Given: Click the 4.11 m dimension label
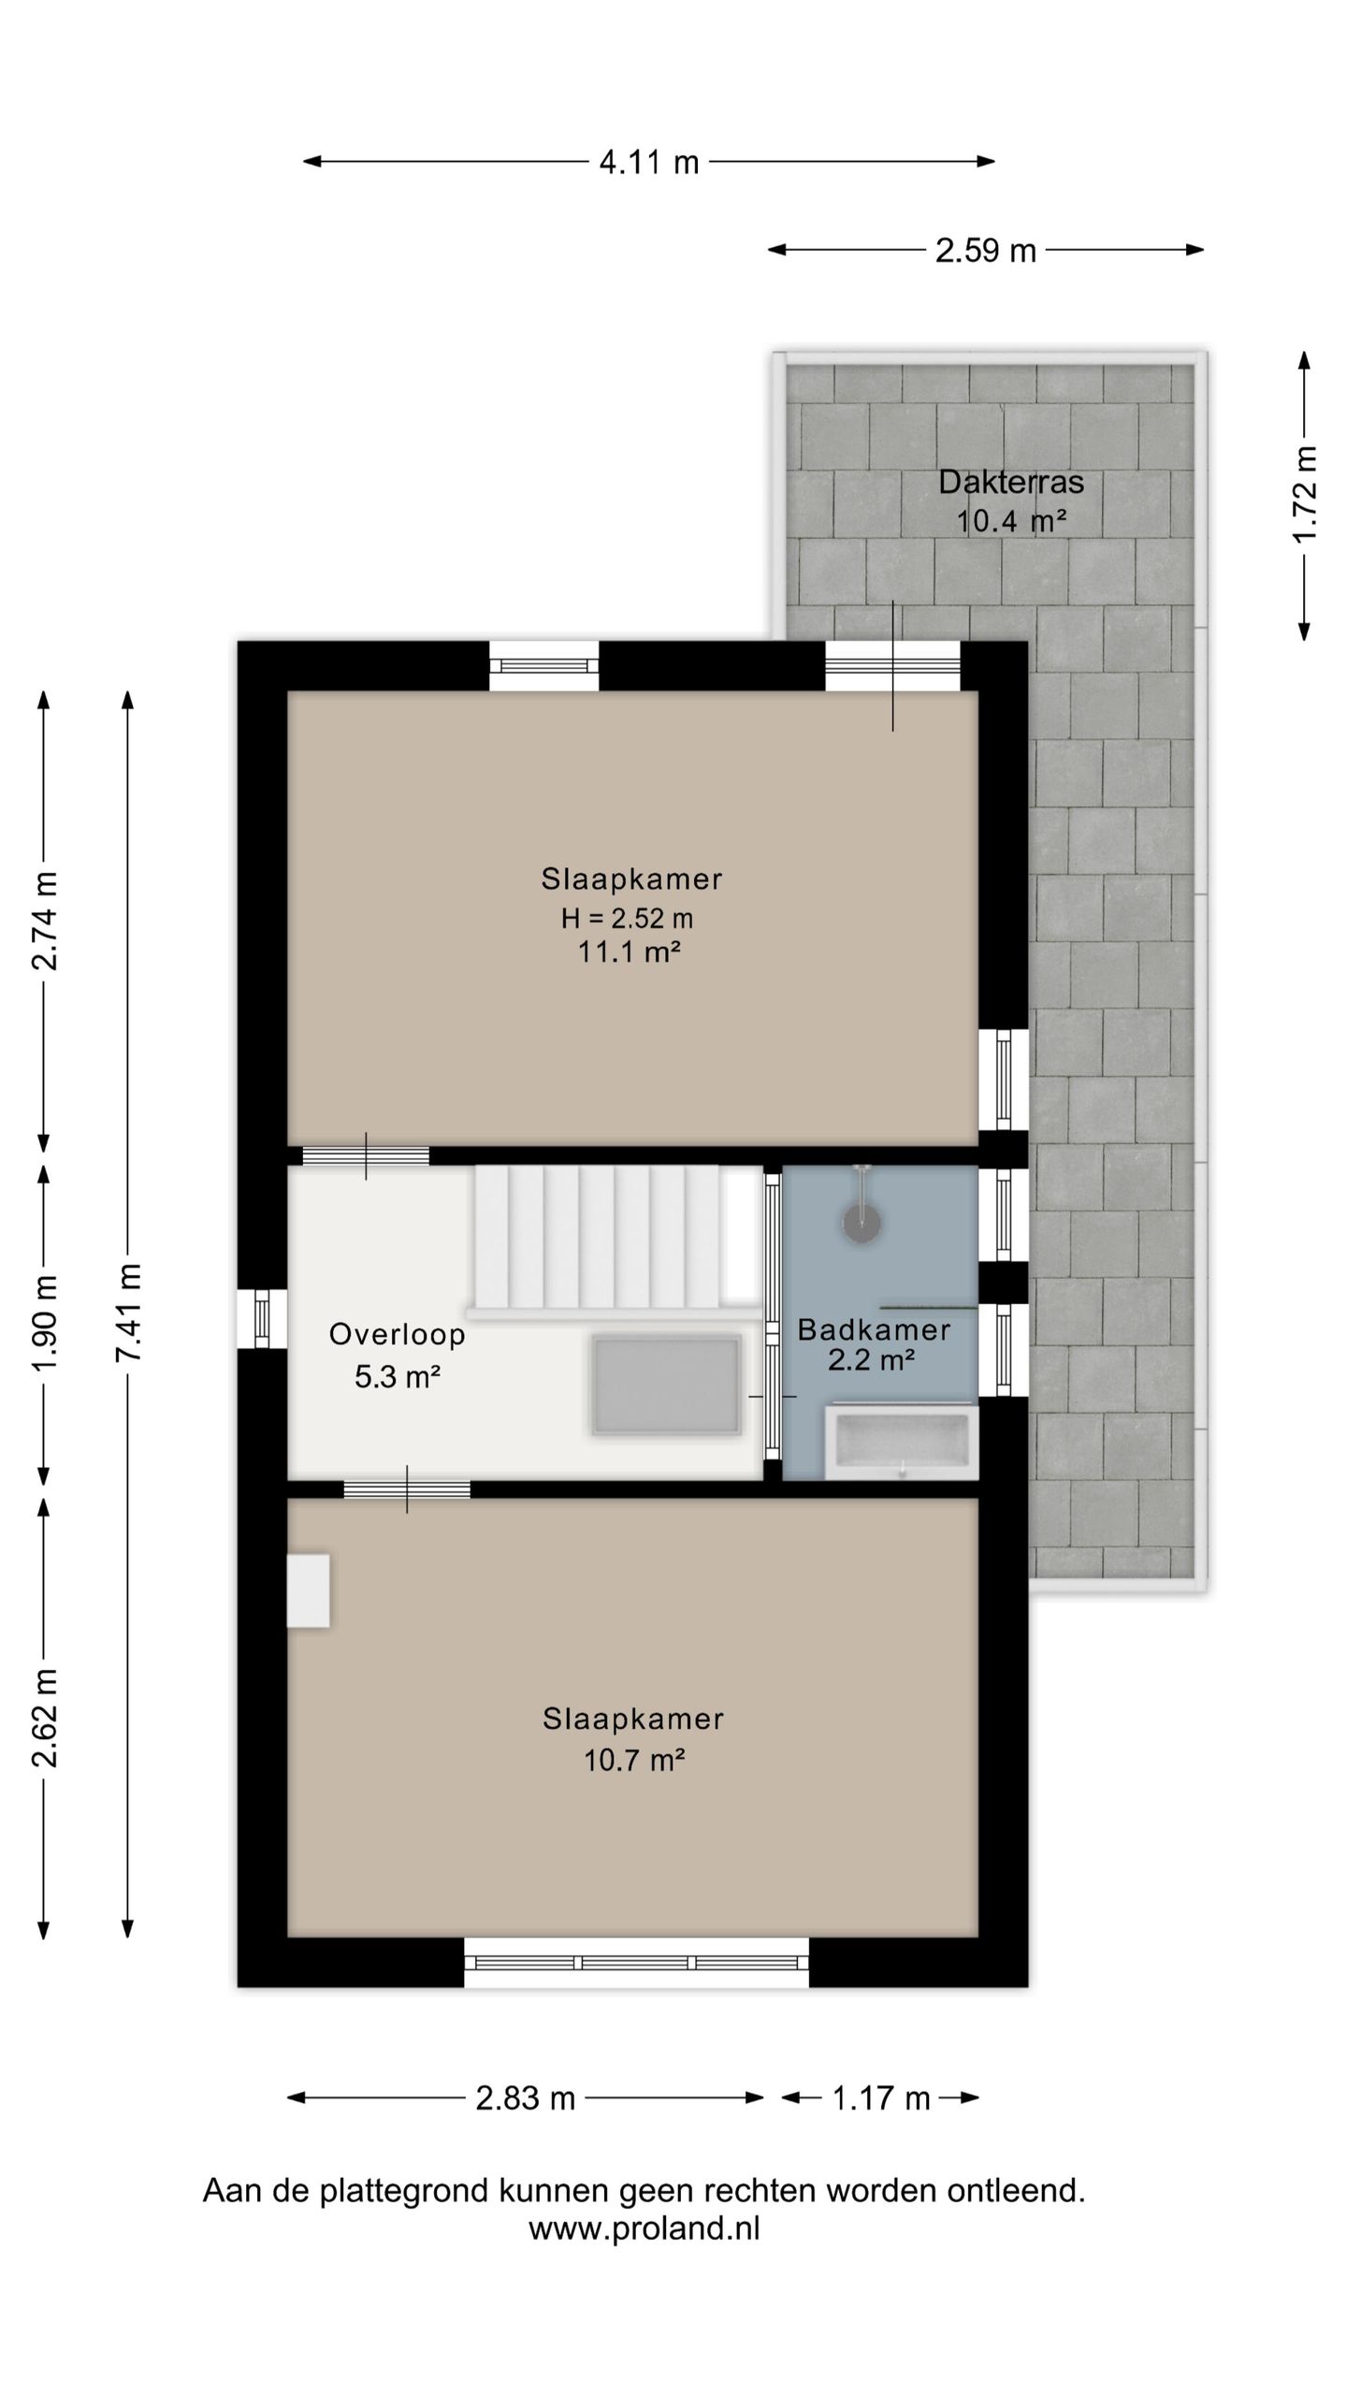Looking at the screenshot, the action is coord(649,163).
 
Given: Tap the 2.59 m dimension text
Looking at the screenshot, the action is coord(986,251).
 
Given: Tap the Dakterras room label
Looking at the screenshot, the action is coord(1011,483).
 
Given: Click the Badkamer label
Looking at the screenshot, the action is coord(874,1329).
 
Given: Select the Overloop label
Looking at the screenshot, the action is coord(398,1334).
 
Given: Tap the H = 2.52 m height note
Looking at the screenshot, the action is coord(627,919).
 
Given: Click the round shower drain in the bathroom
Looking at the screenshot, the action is coord(862,1224).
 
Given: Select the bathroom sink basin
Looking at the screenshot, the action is coord(902,1442).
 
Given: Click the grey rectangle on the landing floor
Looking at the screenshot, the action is coord(666,1385).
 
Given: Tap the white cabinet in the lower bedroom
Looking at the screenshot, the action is coord(309,1590).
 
